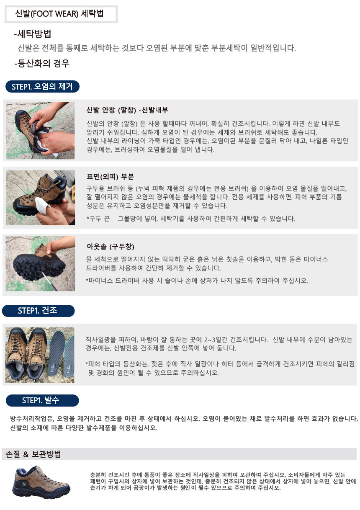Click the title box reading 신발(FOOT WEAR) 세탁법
coord(61,14)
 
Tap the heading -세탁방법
coord(32,34)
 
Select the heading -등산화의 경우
coord(41,63)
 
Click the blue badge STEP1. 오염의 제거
coord(42,87)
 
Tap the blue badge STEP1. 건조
coord(38,311)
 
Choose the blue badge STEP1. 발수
coord(42,400)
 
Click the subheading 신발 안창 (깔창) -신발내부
coord(127,110)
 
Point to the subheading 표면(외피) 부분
coord(110,176)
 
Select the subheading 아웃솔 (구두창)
coord(111,246)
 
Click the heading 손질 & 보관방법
coord(33,454)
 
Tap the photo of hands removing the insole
coord(40,131)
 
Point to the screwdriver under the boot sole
coord(49,281)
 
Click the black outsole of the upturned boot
coord(39,266)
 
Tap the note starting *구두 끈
coord(191,219)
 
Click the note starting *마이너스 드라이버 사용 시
coord(197,281)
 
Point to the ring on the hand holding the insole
coord(45,145)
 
